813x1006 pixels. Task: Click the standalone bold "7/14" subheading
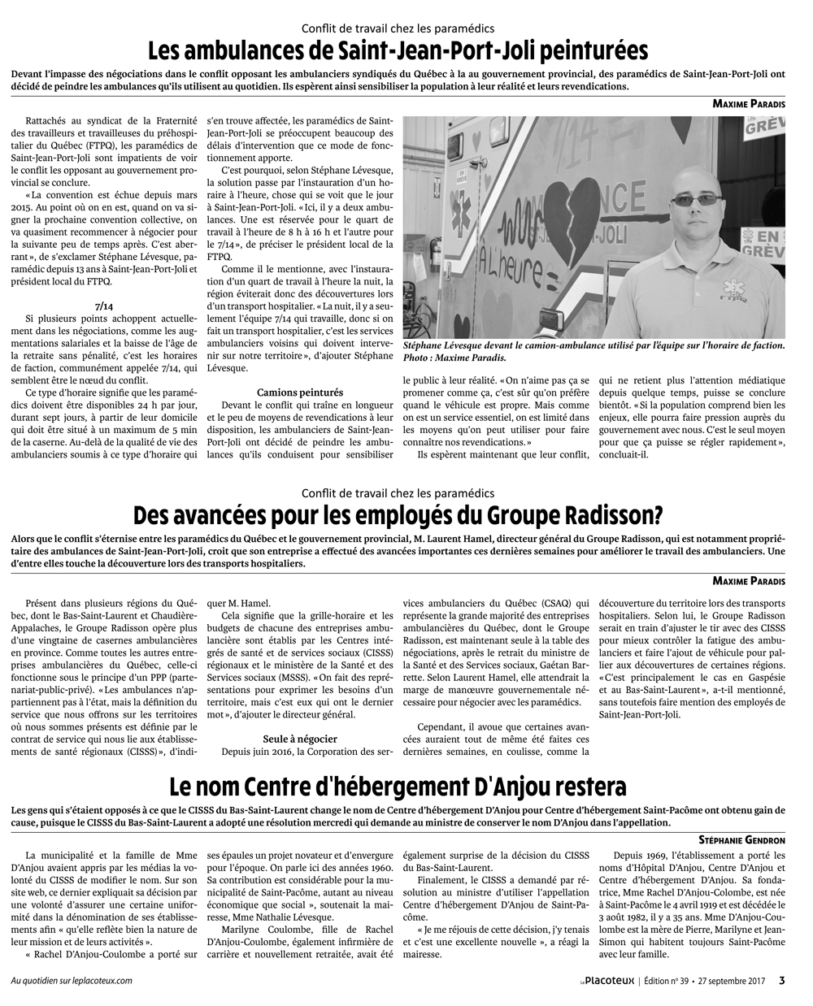(103, 306)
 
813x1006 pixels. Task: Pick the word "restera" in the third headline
(585, 787)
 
